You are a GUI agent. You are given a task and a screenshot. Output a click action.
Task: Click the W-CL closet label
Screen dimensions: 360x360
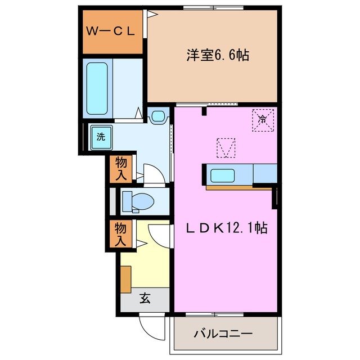110,31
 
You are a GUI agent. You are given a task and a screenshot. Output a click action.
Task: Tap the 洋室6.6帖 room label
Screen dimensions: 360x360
218,55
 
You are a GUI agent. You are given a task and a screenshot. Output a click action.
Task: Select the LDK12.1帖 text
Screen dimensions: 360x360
227,228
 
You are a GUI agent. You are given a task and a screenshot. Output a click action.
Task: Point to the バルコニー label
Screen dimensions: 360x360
223,333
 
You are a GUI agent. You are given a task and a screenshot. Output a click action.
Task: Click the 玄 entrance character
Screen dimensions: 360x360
145,299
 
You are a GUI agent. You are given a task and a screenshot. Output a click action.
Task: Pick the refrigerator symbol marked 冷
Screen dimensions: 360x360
262,119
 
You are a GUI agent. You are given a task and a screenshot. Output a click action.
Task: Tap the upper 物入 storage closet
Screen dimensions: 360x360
121,168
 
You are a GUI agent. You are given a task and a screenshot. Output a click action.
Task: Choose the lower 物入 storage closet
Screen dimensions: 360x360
121,233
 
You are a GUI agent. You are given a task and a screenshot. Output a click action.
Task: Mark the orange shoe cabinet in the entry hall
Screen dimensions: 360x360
126,278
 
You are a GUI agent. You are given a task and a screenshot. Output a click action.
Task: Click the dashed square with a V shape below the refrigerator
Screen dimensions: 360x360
226,147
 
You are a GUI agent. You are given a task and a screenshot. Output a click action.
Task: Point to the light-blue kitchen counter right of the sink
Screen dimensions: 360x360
264,174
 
